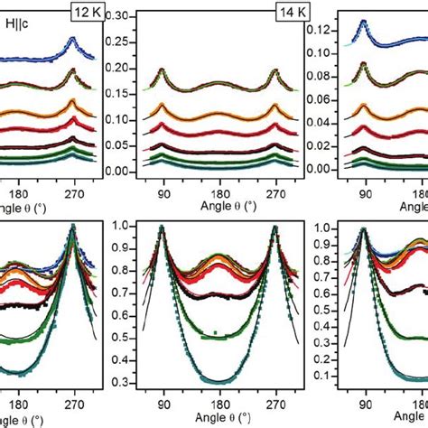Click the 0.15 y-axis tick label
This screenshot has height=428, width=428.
point(116,94)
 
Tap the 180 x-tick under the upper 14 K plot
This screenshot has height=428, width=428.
point(204,191)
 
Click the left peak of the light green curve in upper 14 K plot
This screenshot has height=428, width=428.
point(163,70)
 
